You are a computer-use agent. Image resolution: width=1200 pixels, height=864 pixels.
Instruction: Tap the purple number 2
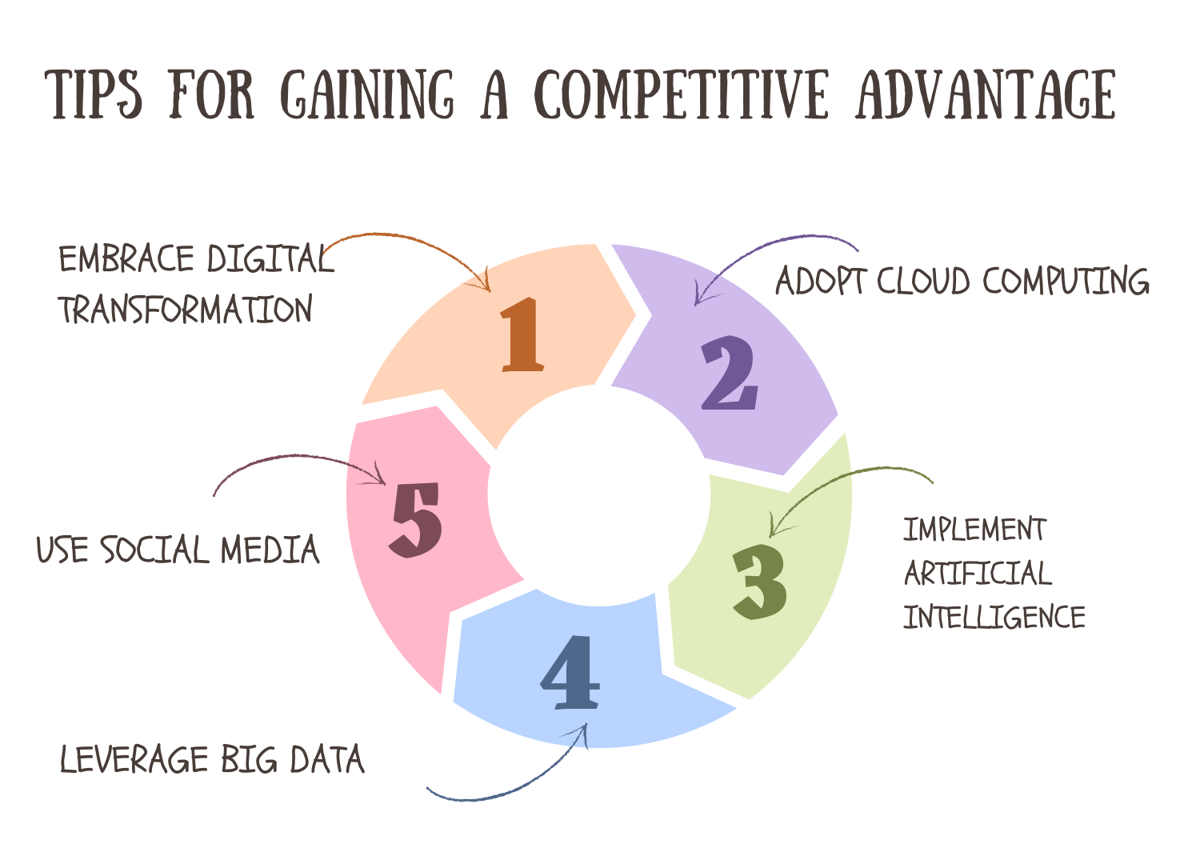click(x=729, y=373)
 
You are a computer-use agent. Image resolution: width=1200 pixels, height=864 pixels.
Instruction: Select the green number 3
click(x=760, y=582)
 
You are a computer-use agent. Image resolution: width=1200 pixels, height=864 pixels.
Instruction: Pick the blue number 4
click(x=570, y=673)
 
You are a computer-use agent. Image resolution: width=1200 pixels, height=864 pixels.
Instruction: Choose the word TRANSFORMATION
click(x=186, y=310)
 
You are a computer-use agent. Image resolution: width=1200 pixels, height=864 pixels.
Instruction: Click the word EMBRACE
click(x=126, y=259)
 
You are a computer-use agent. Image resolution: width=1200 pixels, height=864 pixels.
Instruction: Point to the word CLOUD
click(x=923, y=281)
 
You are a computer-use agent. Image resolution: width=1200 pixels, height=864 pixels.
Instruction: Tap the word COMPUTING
click(x=1066, y=281)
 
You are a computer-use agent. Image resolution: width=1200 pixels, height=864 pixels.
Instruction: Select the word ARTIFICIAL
click(x=978, y=573)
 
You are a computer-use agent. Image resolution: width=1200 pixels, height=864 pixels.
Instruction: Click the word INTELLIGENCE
click(x=994, y=617)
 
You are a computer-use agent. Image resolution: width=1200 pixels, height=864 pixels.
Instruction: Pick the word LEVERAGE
click(x=134, y=759)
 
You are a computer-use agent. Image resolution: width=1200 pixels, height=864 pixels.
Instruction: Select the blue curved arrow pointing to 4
click(x=512, y=784)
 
